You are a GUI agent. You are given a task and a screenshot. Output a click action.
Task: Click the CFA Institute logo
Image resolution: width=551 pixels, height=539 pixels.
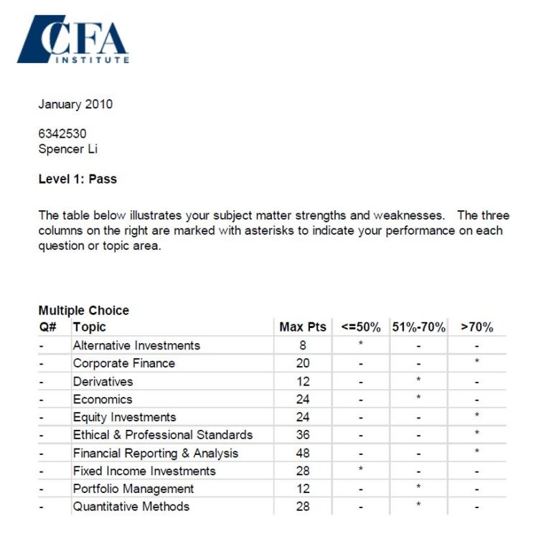[x=73, y=39]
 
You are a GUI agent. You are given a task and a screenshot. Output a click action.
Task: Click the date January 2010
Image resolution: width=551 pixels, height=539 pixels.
[x=75, y=104]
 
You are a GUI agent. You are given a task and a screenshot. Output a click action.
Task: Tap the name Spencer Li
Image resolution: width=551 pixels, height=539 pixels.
[x=67, y=149]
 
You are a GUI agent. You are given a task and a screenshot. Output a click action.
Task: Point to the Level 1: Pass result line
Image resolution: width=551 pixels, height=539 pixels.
[x=77, y=179]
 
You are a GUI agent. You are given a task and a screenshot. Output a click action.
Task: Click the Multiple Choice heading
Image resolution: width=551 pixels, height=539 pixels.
[x=83, y=311]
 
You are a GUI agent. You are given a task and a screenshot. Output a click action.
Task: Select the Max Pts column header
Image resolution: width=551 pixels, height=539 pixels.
[x=302, y=327]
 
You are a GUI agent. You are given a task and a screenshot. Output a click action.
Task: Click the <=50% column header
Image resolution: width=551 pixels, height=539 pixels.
[x=361, y=327]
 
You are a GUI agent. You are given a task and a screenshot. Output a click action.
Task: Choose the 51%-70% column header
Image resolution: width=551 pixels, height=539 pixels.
[x=418, y=327]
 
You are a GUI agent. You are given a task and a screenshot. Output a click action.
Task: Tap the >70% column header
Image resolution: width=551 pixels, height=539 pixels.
[x=477, y=327]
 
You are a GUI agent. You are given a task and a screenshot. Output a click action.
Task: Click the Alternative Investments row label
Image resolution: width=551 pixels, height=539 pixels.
[x=136, y=345]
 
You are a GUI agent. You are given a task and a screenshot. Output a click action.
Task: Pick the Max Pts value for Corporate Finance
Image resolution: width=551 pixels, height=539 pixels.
[x=303, y=363]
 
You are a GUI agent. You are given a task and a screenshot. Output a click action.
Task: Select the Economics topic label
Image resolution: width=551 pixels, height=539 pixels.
[x=103, y=399]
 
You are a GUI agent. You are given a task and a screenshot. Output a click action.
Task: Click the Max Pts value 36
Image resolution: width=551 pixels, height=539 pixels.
[x=303, y=435]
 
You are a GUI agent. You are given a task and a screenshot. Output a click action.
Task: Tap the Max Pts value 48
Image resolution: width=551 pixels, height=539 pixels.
[x=303, y=453]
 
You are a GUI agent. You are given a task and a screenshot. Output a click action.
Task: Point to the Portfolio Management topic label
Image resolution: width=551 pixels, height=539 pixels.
[x=133, y=489]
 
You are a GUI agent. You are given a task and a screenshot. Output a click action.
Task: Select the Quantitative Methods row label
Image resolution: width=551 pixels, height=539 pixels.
[x=131, y=507]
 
